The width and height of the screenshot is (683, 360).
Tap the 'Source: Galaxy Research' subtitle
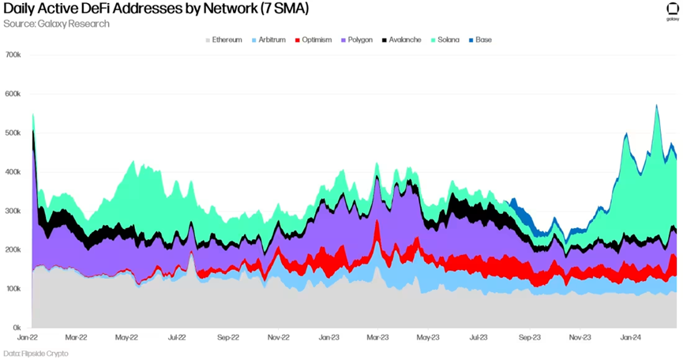click(x=56, y=24)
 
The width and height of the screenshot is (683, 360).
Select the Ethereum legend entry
click(x=227, y=39)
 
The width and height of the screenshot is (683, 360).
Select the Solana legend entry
click(x=448, y=39)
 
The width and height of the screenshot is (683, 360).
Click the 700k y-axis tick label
click(x=13, y=55)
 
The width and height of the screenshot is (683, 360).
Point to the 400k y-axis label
click(x=13, y=172)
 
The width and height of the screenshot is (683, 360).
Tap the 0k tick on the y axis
click(x=16, y=328)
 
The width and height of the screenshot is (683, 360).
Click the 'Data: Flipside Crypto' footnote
click(x=36, y=353)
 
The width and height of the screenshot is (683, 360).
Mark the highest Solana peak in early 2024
click(x=656, y=106)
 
